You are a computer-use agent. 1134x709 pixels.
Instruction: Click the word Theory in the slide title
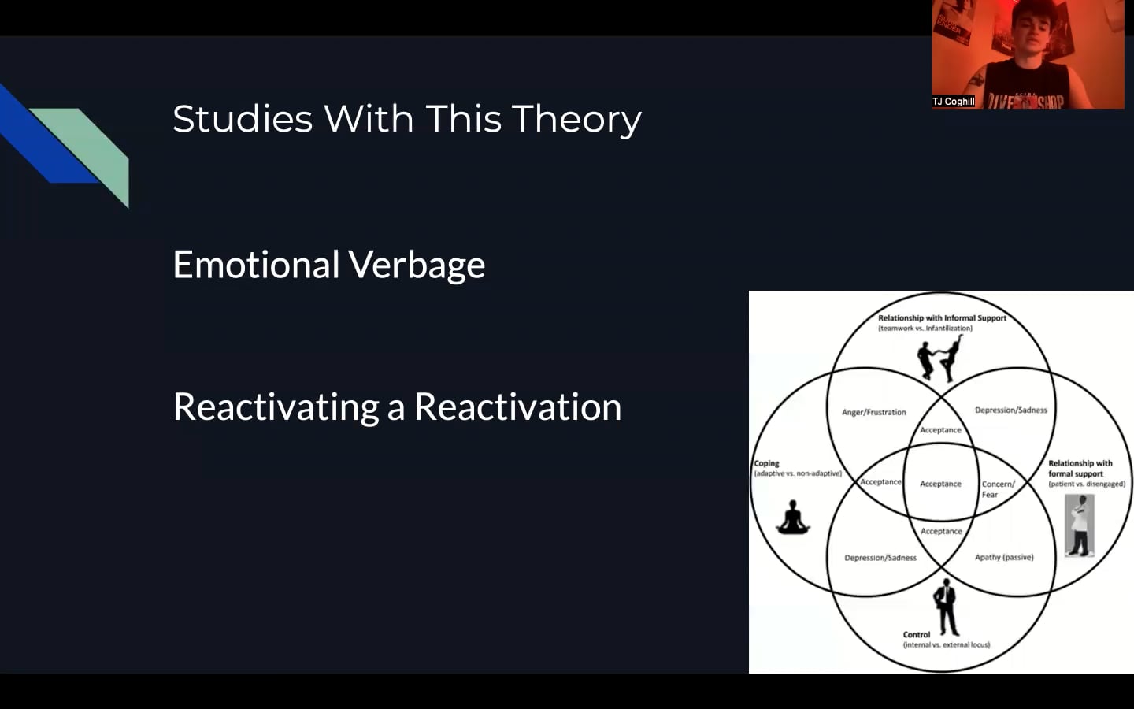point(576,120)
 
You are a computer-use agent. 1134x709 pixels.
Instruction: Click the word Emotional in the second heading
point(257,265)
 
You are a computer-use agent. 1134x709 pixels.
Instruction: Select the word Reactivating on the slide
point(276,408)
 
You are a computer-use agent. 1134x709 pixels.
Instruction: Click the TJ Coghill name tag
point(953,102)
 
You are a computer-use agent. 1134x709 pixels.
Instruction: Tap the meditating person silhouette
point(793,518)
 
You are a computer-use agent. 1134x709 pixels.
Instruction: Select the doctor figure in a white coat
point(1080,525)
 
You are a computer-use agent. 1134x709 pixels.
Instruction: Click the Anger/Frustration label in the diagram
point(873,412)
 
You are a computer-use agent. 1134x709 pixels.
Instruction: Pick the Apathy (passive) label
point(1004,557)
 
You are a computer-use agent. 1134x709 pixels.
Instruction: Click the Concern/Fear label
point(997,489)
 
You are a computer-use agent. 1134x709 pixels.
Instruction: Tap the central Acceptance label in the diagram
point(940,484)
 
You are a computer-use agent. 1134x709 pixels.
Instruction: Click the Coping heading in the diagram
point(766,463)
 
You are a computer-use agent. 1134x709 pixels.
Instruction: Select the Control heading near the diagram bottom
point(916,634)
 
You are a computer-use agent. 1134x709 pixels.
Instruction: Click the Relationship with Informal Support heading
point(942,318)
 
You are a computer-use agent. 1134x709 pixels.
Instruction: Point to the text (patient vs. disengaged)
point(1086,484)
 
